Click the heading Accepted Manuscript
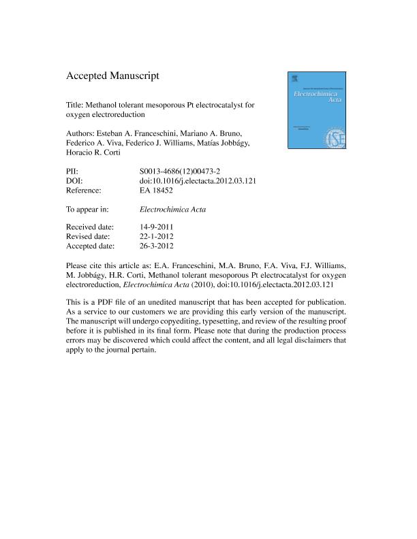112,76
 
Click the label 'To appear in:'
89,210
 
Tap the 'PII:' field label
73,170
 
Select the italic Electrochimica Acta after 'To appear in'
167,210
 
